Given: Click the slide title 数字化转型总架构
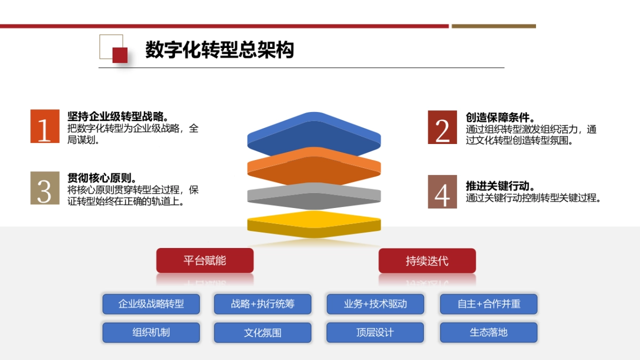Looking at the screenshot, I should tap(219, 50).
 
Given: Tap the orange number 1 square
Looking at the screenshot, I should tap(45, 126).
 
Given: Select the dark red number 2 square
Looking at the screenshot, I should tap(442, 127).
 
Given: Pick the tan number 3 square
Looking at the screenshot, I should tap(45, 188).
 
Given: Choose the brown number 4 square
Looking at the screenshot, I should tap(442, 191).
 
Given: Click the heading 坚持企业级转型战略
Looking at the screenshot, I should tap(118, 117).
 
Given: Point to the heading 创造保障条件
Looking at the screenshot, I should tap(500, 118).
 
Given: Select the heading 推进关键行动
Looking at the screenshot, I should tap(500, 186).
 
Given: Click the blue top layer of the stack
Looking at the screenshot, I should tap(314, 133).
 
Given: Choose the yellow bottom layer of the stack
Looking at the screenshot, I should tap(314, 223).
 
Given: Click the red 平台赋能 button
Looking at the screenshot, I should tap(205, 260).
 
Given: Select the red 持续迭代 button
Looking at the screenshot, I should tap(427, 261).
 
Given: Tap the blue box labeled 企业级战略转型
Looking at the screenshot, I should tap(151, 304).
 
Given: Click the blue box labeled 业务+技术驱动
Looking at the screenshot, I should tap(375, 304).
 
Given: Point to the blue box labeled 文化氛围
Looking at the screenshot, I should tap(262, 333).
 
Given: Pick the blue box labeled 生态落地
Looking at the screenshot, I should tap(489, 332).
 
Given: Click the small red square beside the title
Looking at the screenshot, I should tap(120, 55).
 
